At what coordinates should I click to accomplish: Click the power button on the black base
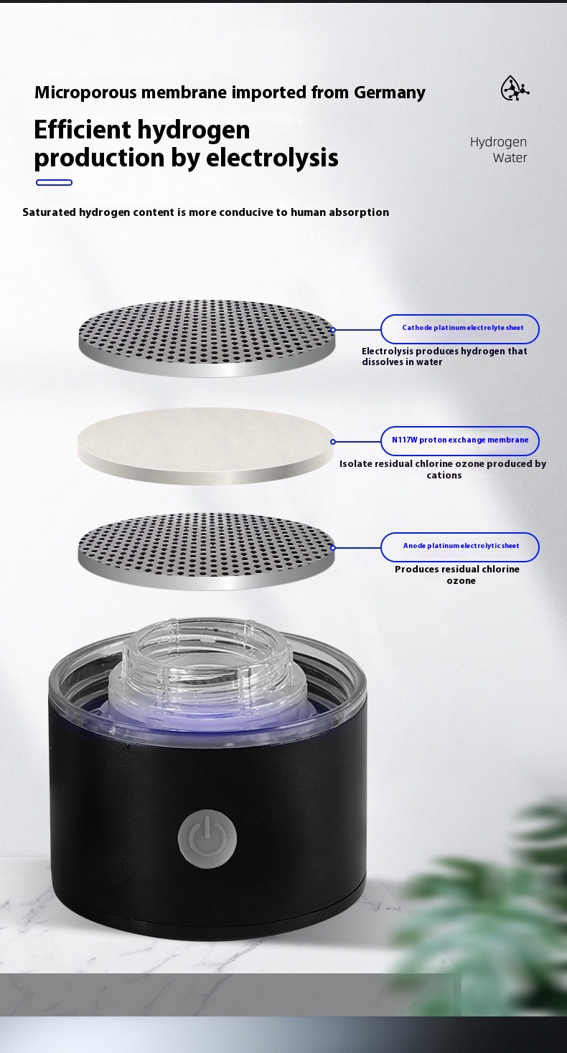pos(207,839)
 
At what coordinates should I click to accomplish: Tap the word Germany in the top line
pos(390,93)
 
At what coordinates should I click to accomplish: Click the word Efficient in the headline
pos(82,129)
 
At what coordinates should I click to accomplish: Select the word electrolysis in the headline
pos(272,158)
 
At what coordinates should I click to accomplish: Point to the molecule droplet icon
pos(515,88)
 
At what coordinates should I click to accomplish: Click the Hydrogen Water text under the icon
pos(498,149)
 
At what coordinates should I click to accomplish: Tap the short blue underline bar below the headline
pos(54,182)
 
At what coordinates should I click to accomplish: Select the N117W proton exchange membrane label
pos(460,440)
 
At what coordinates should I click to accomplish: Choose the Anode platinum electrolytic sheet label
pos(460,547)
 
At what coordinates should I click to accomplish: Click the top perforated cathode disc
pos(207,338)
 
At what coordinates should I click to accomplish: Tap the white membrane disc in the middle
pos(205,445)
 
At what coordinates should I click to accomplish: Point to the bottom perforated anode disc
pos(206,551)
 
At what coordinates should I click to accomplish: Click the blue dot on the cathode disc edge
pos(333,330)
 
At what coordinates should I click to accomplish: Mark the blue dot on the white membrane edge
pos(333,442)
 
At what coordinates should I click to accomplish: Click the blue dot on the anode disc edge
pos(333,547)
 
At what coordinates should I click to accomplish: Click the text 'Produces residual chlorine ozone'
pos(457,575)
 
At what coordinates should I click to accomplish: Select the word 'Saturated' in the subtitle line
pos(49,212)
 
